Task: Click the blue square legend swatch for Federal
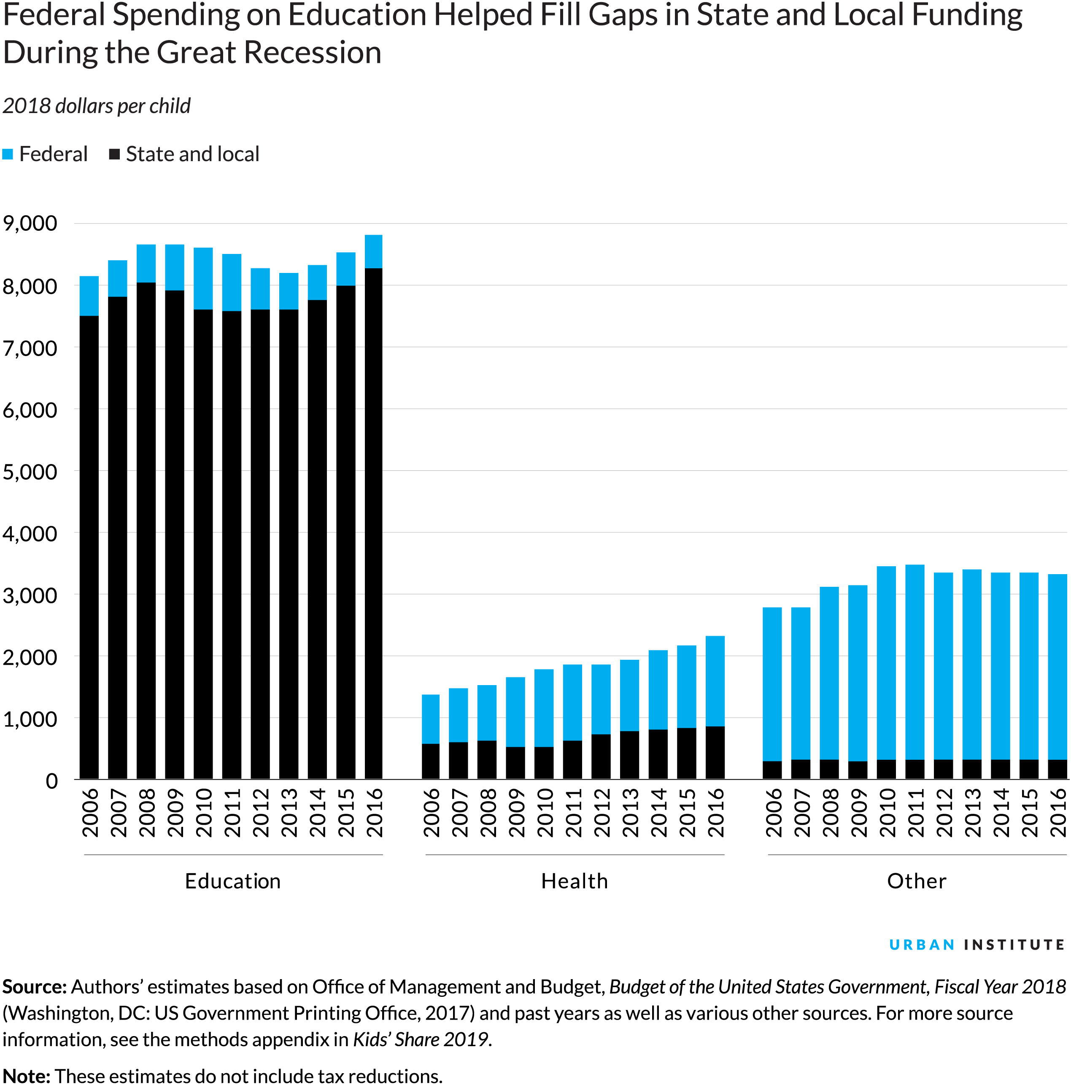8,154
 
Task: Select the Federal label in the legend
53,154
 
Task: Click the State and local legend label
192,154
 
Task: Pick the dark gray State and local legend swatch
114,154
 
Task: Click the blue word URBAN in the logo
922,945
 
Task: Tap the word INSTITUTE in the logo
1014,945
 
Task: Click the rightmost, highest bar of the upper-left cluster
373,251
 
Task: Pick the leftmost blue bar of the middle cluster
430,719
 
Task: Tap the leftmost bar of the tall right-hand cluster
772,683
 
